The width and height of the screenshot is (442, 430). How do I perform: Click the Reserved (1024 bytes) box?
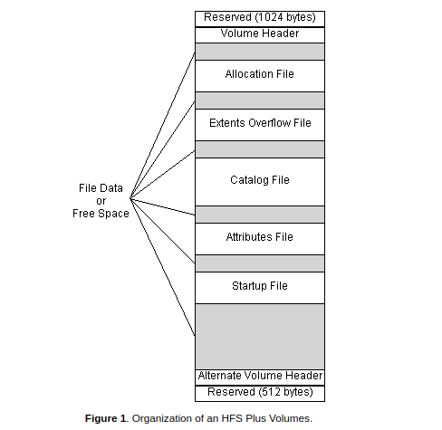[259, 17]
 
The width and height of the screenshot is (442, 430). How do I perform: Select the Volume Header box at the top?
[259, 34]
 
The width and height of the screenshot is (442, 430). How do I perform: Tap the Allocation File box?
[259, 74]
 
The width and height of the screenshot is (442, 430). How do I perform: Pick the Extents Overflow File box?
[259, 123]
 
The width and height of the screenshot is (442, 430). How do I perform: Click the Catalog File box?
[259, 180]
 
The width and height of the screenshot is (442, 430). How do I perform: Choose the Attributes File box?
[259, 237]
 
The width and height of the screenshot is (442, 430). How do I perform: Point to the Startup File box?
[259, 286]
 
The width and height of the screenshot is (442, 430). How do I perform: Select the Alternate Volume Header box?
[259, 376]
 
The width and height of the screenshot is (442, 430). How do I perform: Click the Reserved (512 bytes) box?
[259, 392]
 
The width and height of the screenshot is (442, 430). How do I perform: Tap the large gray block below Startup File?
[259, 335]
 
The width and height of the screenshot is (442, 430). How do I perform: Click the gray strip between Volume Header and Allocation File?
[259, 51]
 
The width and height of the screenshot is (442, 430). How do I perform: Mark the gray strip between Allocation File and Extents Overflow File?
[259, 100]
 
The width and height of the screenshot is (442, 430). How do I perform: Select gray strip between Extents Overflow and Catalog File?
[259, 148]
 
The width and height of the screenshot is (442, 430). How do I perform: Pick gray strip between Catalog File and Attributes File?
[259, 214]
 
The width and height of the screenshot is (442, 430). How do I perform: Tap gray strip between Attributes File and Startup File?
[259, 263]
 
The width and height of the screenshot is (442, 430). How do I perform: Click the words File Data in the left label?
[101, 188]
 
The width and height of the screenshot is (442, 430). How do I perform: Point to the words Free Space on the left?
[101, 214]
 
